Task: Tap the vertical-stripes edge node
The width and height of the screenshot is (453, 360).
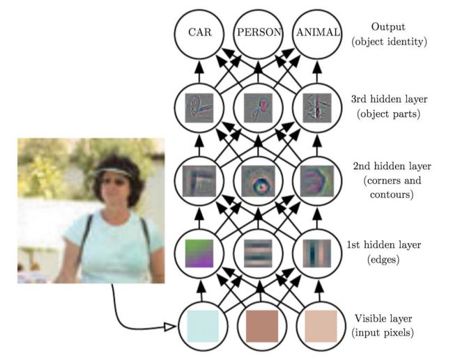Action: pos(318,252)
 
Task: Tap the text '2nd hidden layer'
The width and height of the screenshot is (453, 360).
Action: pos(392,168)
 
